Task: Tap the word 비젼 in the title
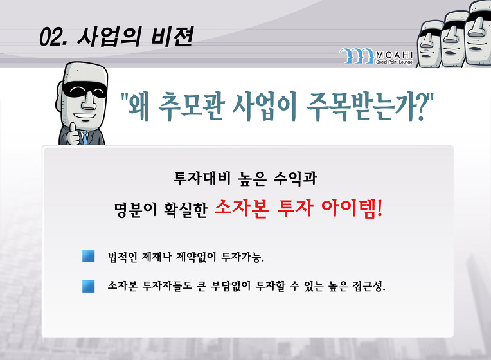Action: coord(172,37)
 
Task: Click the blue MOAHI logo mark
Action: coord(356,56)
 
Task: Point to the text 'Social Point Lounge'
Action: coord(394,62)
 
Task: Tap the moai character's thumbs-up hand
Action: coord(73,134)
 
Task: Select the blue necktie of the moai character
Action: coord(85,138)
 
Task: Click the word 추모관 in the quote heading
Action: coord(192,105)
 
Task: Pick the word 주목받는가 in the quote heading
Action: coord(362,106)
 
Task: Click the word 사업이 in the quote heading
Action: coord(264,106)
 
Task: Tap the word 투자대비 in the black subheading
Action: coord(202,178)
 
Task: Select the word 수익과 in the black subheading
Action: coord(295,179)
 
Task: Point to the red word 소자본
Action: coord(242,208)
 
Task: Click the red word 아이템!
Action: coord(352,208)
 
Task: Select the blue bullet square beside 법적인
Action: coord(88,256)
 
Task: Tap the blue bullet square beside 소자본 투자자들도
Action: coord(88,286)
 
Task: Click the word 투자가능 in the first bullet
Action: coord(242,257)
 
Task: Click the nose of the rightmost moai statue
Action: coord(478,26)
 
